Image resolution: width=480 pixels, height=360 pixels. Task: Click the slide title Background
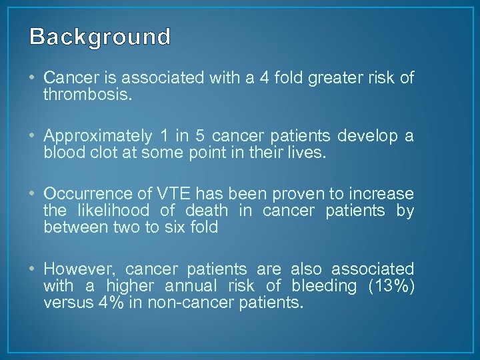point(100,37)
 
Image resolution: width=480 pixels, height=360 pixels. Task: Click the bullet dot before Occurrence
point(35,194)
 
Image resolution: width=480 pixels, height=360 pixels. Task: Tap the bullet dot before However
point(35,269)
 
